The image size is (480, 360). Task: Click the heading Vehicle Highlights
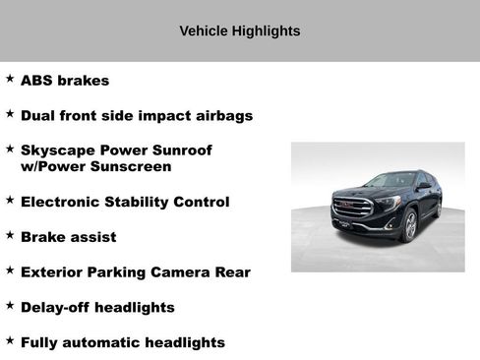(239, 30)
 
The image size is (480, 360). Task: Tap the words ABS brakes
(65, 81)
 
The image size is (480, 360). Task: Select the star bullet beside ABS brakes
(10, 78)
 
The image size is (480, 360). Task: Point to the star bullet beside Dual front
(10, 113)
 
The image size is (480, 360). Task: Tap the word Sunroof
(180, 150)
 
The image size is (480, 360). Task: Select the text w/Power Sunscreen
(95, 166)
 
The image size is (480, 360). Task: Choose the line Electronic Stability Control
(125, 202)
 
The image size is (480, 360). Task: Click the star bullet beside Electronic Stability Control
(10, 200)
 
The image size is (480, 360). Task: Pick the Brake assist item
(68, 237)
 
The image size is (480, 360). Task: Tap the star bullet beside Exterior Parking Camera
(10, 270)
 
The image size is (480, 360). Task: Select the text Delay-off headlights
(97, 307)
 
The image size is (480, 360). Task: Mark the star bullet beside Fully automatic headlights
(10, 340)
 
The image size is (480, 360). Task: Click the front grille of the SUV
(353, 209)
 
